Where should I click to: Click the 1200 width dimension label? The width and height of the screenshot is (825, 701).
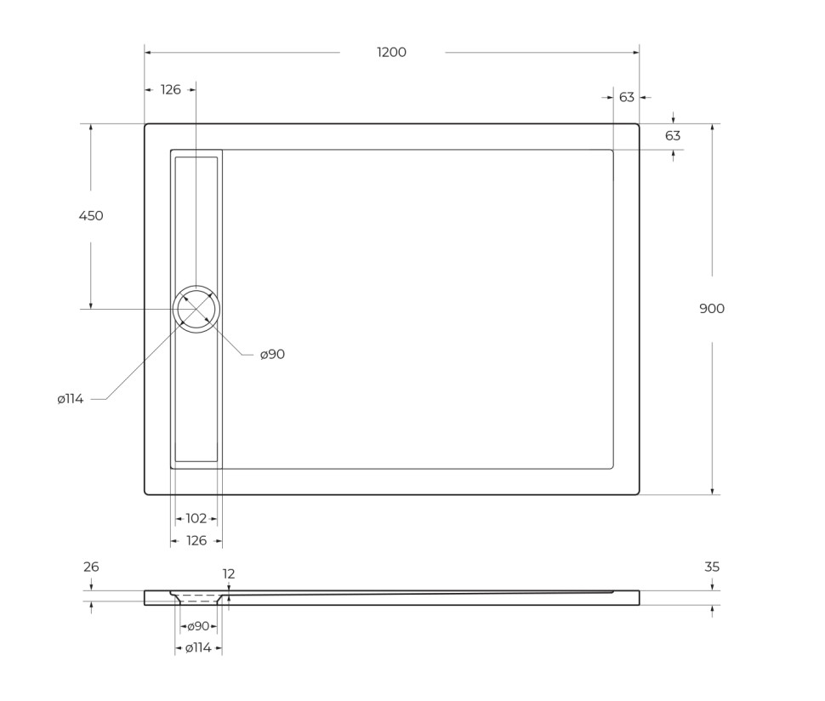pos(391,53)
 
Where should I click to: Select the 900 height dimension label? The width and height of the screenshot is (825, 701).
pos(712,309)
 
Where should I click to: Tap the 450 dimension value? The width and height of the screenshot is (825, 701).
pos(91,216)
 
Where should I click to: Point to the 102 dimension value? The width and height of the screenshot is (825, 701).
pos(196,518)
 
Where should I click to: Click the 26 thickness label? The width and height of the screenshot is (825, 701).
pos(91,567)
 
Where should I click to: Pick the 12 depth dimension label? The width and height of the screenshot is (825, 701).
pos(229,574)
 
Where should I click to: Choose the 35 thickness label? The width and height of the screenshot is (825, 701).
pos(712,567)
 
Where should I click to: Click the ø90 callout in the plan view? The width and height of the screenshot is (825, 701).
pos(272,355)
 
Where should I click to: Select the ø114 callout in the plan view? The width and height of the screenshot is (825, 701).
pos(71,399)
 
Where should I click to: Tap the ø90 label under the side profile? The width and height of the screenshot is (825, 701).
pos(198,626)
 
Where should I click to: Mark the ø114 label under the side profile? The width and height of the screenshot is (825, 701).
pos(198,648)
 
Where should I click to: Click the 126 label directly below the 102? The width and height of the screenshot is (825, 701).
pos(196,541)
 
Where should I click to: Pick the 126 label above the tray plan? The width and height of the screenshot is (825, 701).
pos(171,89)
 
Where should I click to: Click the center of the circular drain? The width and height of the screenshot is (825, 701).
pos(196,309)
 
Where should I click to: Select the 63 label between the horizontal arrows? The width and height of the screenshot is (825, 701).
pos(627,97)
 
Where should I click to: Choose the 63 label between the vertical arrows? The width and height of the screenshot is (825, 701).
pos(673,136)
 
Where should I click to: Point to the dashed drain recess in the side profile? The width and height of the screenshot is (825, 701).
pos(198,598)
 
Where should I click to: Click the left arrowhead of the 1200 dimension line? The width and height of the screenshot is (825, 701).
pos(148,53)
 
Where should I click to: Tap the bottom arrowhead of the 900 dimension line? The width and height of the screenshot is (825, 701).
pos(712,491)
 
